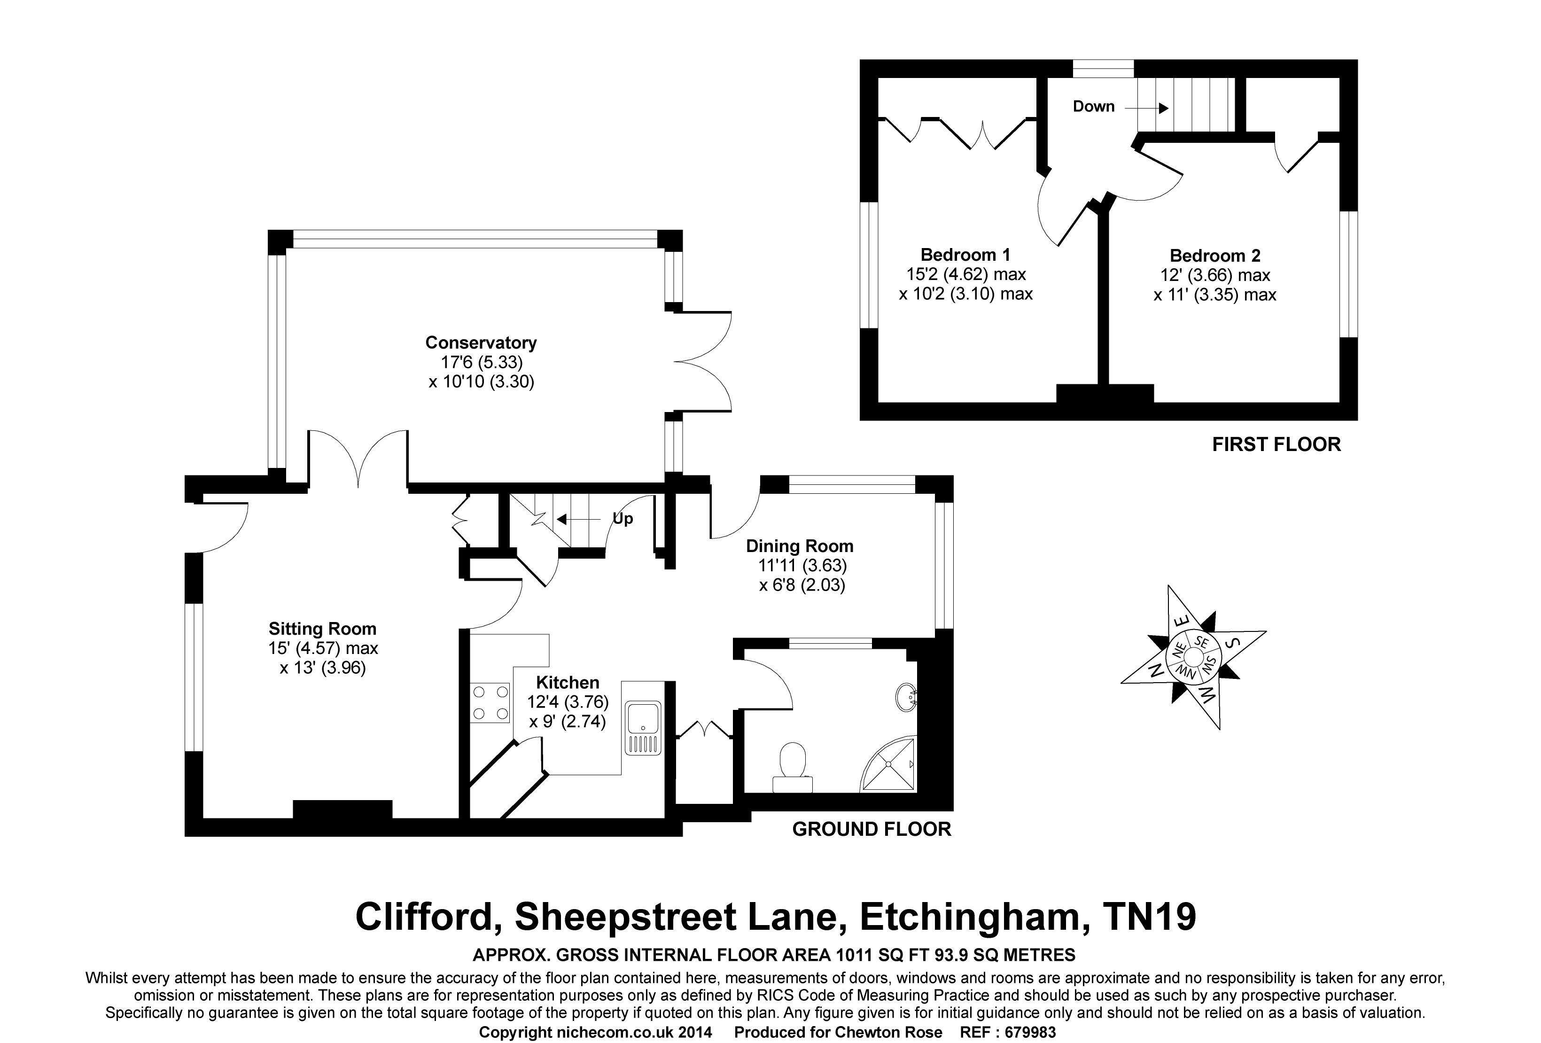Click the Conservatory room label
481,343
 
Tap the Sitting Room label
322,629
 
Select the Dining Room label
800,546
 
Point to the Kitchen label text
568,682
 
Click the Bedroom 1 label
965,255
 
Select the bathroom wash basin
906,698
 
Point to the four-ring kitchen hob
490,703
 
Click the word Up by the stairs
623,519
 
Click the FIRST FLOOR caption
1276,444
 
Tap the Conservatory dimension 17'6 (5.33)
482,362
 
